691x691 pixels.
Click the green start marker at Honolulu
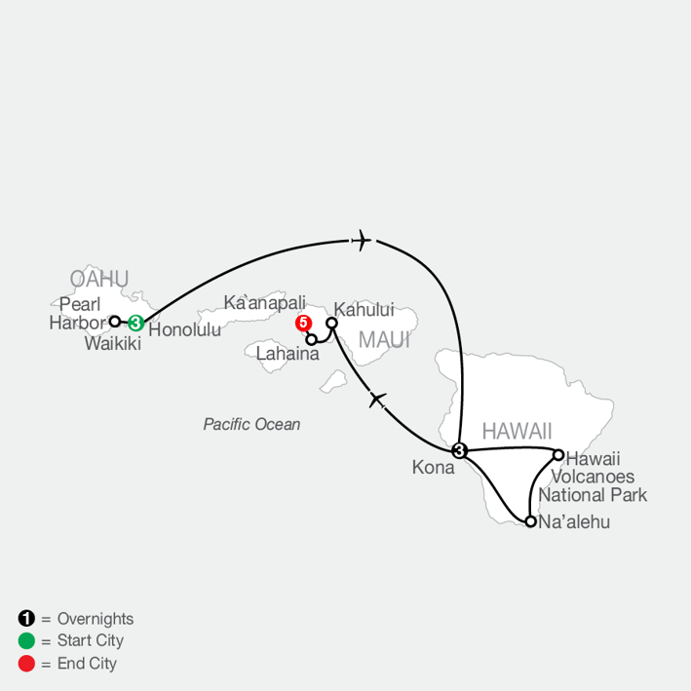point(135,323)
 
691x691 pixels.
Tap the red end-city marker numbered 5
point(303,323)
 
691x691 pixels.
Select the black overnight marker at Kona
point(459,450)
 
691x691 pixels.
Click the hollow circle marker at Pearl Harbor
point(115,322)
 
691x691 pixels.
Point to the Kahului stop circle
point(331,323)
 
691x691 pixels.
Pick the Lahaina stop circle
point(311,340)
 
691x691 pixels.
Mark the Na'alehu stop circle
point(531,521)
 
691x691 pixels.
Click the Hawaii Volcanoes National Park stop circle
point(558,455)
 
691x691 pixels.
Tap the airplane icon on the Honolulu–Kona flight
point(362,240)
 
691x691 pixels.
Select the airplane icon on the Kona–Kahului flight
point(378,400)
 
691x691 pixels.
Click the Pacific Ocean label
point(251,424)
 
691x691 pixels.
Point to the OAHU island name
point(99,279)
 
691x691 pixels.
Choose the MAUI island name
point(384,340)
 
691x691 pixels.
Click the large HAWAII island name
point(517,431)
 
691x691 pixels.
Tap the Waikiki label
point(113,344)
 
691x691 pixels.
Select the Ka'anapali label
point(264,303)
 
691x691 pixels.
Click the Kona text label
point(433,468)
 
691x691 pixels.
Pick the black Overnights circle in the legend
point(26,618)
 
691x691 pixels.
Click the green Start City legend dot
point(26,640)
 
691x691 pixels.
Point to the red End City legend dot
point(26,664)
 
